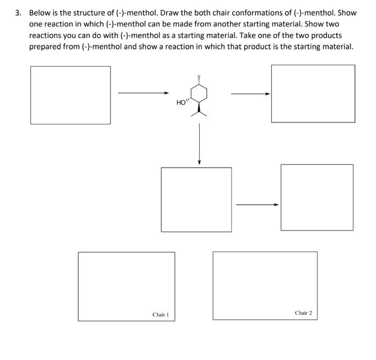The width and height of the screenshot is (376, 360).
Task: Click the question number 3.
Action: [18, 12]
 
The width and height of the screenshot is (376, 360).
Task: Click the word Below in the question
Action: [41, 12]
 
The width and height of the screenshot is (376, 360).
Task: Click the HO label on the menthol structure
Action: [180, 102]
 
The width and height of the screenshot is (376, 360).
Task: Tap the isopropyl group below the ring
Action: [199, 111]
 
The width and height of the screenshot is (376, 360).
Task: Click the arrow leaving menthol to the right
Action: [250, 94]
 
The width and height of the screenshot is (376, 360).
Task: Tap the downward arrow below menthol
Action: [199, 143]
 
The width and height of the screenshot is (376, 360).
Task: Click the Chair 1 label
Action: [160, 314]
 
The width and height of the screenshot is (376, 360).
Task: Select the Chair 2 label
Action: [303, 312]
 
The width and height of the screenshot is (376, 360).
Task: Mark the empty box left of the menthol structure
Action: [70, 95]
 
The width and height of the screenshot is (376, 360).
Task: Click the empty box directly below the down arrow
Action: [197, 199]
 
